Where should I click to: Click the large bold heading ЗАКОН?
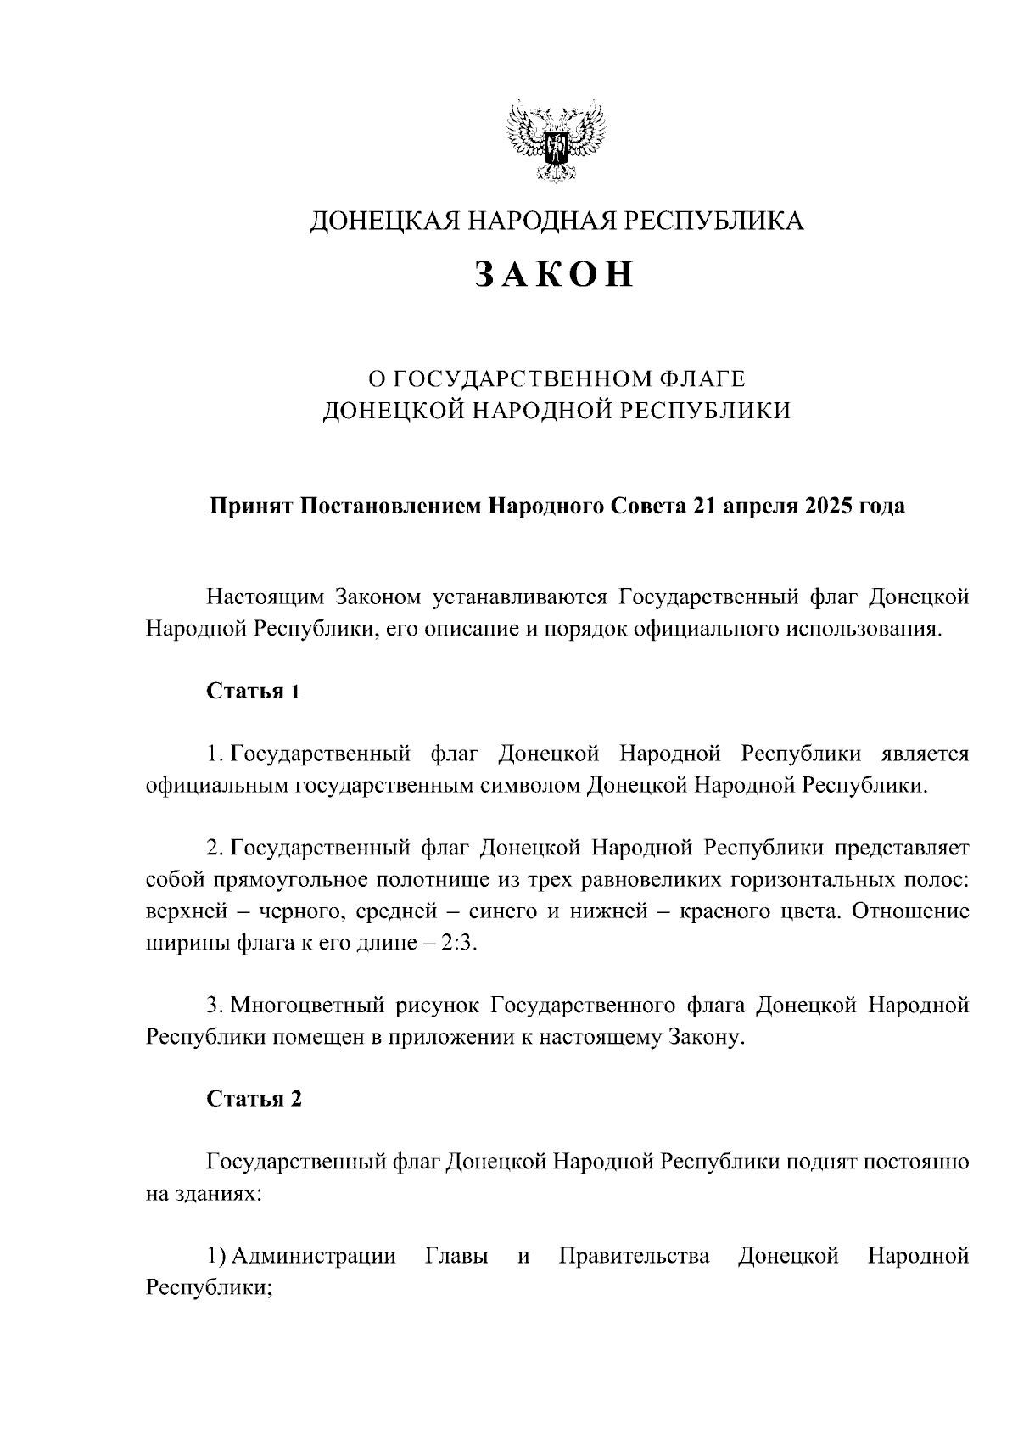[x=554, y=274]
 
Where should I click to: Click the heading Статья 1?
[x=254, y=691]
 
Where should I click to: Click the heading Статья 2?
[x=254, y=1099]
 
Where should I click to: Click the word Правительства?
[x=634, y=1256]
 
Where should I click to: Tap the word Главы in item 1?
[x=456, y=1256]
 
